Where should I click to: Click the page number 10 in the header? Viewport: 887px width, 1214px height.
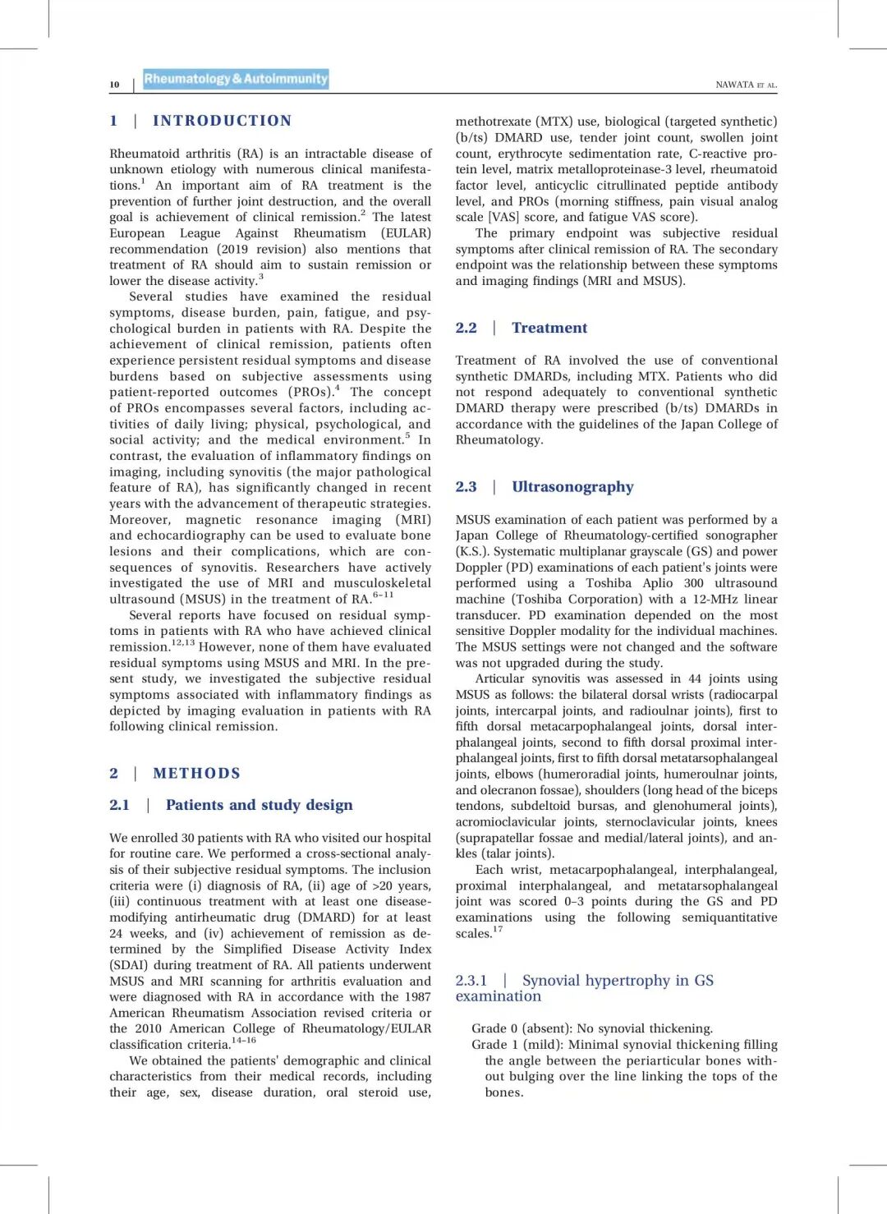coord(114,85)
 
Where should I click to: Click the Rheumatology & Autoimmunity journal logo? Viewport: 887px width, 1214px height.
coord(236,79)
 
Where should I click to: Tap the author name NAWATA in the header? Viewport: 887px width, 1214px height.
coord(734,85)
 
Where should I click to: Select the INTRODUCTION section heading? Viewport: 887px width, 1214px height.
coord(223,121)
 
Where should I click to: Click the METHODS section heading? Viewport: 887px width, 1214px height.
coord(197,773)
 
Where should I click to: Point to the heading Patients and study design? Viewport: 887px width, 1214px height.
coord(260,805)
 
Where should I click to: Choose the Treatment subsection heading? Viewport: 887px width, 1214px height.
coord(549,328)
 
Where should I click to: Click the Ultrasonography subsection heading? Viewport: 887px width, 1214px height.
coord(572,486)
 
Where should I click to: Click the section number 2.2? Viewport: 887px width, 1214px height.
coord(466,328)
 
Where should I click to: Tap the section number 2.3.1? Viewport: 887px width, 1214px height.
coord(471,980)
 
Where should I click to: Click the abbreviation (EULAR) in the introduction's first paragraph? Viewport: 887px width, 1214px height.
coord(406,233)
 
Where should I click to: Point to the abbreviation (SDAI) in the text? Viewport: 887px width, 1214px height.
coord(130,965)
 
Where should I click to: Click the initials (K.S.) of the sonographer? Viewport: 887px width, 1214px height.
coord(472,551)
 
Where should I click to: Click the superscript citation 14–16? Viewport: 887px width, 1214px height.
coord(244,1040)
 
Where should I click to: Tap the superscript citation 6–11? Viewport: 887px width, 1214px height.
coord(383,595)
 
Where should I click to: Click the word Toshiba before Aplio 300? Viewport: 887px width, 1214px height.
coord(609,583)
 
